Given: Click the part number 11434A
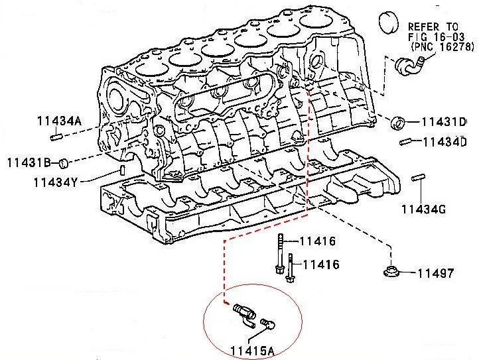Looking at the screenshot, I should [x=58, y=121].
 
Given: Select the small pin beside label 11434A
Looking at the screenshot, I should [x=56, y=137].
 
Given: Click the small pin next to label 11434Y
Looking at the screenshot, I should [x=123, y=171].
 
